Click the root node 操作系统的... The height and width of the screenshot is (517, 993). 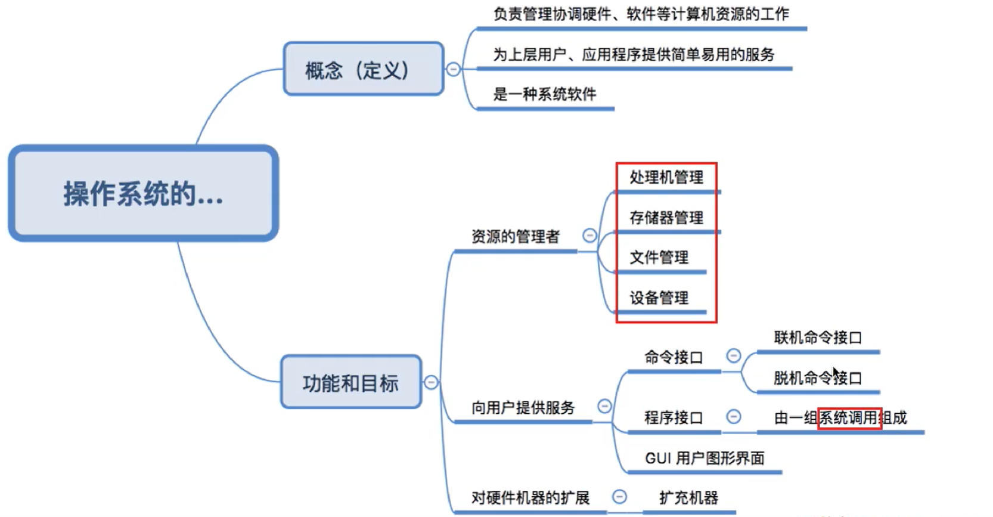tap(143, 194)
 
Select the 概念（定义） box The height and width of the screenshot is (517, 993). tap(363, 69)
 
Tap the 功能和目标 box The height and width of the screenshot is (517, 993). tap(351, 382)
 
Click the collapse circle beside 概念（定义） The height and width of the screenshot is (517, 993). tap(453, 69)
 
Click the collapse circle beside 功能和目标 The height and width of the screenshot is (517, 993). tap(431, 382)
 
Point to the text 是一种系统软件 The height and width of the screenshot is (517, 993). tap(544, 94)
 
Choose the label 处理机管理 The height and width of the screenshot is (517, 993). tap(666, 177)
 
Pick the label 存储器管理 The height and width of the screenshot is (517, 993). tap(666, 218)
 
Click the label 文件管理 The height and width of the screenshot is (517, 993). tap(659, 258)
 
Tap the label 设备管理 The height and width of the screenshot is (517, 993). tap(659, 298)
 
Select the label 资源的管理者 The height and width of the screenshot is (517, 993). tap(516, 237)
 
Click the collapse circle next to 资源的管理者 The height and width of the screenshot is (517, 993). tap(589, 236)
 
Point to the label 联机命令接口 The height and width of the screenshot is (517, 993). tap(818, 338)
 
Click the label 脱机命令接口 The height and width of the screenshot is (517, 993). tap(818, 378)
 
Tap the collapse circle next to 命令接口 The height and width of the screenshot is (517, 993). tap(734, 356)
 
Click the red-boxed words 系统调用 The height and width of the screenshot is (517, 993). tap(849, 418)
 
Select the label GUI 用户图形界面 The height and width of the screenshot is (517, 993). tap(705, 458)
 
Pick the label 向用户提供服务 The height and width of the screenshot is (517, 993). tap(523, 408)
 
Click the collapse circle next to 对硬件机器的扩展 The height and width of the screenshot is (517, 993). tap(620, 497)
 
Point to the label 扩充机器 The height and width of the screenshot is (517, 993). tap(688, 498)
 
